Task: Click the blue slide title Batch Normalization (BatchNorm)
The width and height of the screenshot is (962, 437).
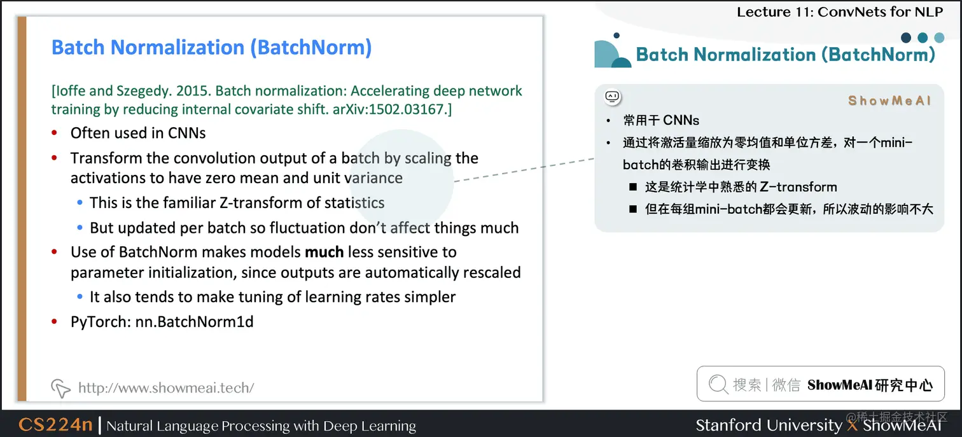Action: pyautogui.click(x=211, y=48)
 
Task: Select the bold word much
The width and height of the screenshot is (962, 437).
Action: pyautogui.click(x=324, y=253)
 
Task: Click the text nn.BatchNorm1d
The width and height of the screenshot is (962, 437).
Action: pyautogui.click(x=194, y=322)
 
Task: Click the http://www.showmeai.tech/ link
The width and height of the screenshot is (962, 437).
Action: pyautogui.click(x=165, y=387)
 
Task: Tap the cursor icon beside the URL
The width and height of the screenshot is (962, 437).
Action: pyautogui.click(x=60, y=387)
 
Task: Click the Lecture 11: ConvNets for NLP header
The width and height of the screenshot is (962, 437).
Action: pyautogui.click(x=840, y=11)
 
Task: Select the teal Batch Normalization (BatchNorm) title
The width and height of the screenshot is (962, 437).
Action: pyautogui.click(x=785, y=55)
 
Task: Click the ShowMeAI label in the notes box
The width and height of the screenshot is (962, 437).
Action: pyautogui.click(x=889, y=101)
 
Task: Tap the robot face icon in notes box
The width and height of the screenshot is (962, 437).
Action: pyautogui.click(x=612, y=97)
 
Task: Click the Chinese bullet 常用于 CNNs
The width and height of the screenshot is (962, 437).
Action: pyautogui.click(x=661, y=120)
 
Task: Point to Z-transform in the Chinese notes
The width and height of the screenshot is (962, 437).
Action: pyautogui.click(x=798, y=187)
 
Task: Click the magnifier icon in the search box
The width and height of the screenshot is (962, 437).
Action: pyautogui.click(x=718, y=384)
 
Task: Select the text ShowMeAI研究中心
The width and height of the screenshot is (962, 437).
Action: pyautogui.click(x=870, y=385)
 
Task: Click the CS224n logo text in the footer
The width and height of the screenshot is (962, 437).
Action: pyautogui.click(x=55, y=425)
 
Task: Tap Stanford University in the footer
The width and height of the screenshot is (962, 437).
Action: pyautogui.click(x=768, y=425)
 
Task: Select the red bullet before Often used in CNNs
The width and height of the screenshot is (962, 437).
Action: pyautogui.click(x=55, y=134)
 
